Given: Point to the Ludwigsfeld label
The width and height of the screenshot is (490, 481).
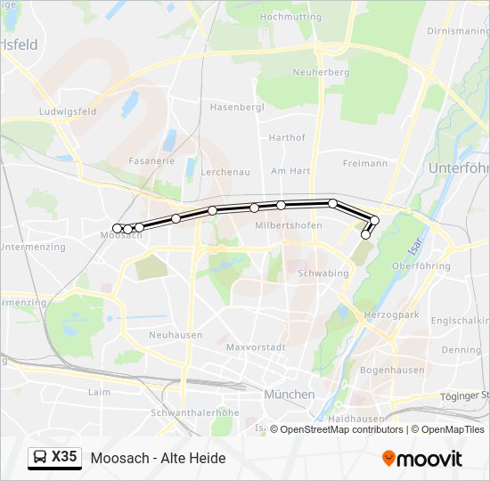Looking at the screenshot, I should pyautogui.click(x=68, y=112).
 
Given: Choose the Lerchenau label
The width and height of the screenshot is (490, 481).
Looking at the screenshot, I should pyautogui.click(x=225, y=171).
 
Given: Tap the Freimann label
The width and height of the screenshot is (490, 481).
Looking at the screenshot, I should pyautogui.click(x=364, y=163).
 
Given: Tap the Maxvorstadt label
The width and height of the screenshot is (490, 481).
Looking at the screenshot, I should pyautogui.click(x=255, y=346).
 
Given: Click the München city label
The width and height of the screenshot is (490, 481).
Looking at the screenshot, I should pyautogui.click(x=289, y=394).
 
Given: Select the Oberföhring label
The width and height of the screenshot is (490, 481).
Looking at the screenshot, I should pyautogui.click(x=421, y=265).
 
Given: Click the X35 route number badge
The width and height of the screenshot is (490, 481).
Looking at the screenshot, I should pyautogui.click(x=64, y=457).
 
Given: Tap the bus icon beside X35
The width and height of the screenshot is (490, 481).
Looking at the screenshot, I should pyautogui.click(x=40, y=458).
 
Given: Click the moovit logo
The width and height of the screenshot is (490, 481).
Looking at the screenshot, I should pyautogui.click(x=422, y=459).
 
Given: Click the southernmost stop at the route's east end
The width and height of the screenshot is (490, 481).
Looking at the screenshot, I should pyautogui.click(x=365, y=235).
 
